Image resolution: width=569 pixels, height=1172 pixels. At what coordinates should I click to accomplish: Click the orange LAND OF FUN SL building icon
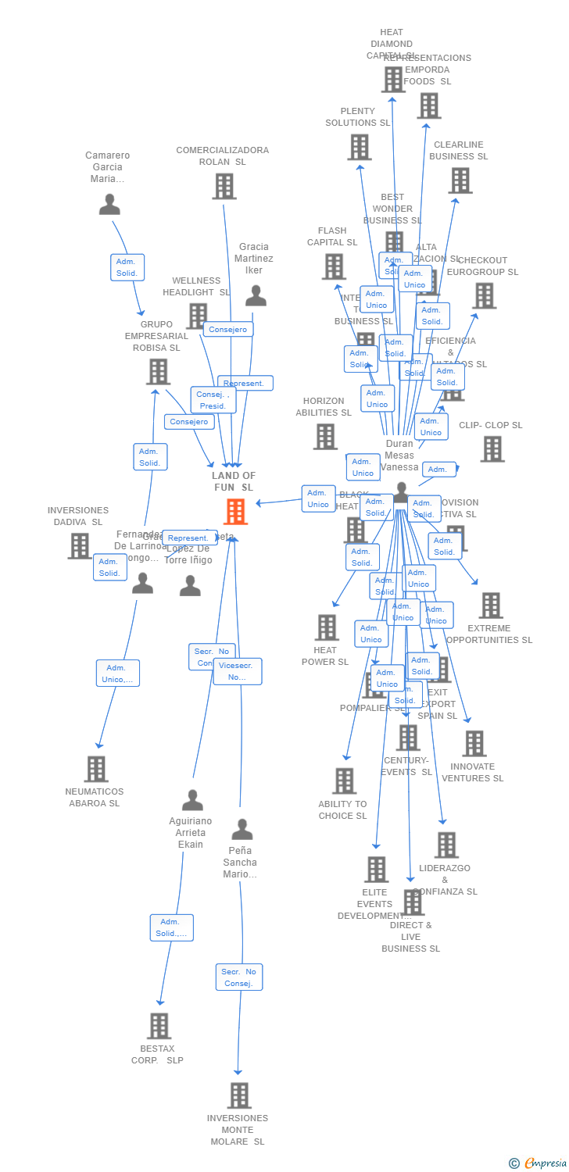[235, 512]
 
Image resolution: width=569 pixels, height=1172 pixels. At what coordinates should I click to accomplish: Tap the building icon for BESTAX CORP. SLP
[159, 1026]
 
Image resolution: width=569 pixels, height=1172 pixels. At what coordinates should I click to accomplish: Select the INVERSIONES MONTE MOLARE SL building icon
[239, 1095]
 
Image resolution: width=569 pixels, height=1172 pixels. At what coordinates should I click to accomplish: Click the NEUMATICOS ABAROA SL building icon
[95, 769]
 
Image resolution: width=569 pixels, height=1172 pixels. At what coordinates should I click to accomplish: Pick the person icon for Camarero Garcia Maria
[109, 205]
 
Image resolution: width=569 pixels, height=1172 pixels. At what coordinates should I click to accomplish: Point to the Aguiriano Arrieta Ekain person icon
[192, 801]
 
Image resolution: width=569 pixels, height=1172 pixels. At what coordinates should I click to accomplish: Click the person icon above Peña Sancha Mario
[242, 830]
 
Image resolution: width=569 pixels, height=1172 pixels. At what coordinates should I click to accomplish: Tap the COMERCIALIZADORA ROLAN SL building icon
[224, 186]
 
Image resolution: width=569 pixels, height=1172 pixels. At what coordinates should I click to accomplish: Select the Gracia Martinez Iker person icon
[256, 296]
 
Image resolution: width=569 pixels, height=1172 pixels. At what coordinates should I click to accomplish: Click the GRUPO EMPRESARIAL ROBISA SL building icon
[158, 372]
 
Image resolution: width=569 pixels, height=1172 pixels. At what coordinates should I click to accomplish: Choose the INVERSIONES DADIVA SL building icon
[79, 545]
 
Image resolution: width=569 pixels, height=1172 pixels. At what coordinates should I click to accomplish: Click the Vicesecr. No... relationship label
[238, 671]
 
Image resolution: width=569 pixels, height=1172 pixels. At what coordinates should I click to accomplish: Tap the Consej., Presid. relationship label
[213, 400]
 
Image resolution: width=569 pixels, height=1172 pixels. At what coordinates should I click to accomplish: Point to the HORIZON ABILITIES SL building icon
[325, 437]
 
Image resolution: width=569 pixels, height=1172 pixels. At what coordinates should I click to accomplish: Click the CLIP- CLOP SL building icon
[492, 449]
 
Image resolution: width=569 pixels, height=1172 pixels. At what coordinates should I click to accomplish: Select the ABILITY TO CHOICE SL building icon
[344, 781]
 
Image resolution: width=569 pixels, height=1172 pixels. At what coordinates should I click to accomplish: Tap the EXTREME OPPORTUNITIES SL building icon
[490, 605]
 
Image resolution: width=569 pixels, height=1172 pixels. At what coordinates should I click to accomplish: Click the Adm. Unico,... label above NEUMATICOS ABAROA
[118, 674]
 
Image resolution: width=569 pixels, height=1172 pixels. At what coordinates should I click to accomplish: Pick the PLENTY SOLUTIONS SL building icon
[360, 147]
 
